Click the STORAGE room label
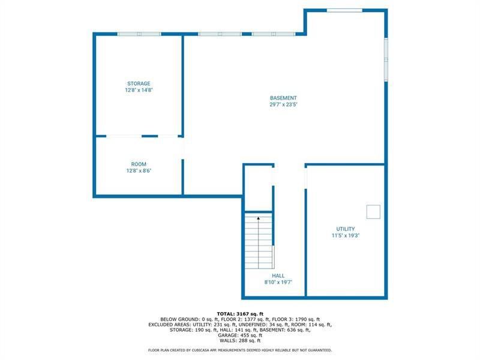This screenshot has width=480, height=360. (x=139, y=83)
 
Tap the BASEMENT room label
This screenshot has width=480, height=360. (x=283, y=98)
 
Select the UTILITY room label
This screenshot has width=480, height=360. (x=345, y=229)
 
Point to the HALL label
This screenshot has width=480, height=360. (x=278, y=276)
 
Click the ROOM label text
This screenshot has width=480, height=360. (x=139, y=164)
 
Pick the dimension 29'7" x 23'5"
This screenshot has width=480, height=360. (x=283, y=104)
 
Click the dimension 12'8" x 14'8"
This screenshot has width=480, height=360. (x=139, y=90)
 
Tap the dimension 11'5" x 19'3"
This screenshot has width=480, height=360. (x=345, y=235)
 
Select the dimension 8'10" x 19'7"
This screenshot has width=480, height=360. (x=278, y=283)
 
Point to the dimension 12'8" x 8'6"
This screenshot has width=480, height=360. (x=139, y=170)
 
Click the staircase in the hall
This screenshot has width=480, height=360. (x=259, y=243)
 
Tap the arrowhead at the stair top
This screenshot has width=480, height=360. (x=259, y=218)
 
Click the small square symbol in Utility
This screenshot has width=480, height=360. (x=373, y=211)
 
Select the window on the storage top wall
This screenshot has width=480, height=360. (x=139, y=34)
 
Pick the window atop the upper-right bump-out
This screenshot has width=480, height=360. (x=344, y=10)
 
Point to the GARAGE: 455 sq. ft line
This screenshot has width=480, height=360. (x=239, y=335)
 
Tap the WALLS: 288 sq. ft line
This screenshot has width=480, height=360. (x=239, y=340)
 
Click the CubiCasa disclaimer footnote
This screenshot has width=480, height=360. (x=239, y=350)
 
